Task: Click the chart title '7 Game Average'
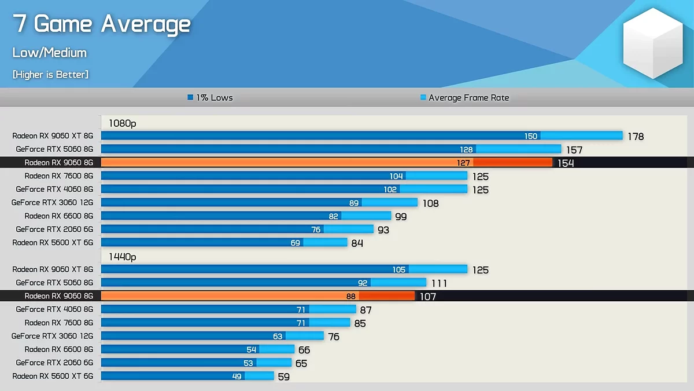102,24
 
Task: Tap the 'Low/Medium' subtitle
50,53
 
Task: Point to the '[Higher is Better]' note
50,75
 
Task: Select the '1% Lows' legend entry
210,98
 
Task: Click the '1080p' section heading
122,123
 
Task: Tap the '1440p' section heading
122,257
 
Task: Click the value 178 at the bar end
635,137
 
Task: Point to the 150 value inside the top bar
531,136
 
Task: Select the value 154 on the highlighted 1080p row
566,163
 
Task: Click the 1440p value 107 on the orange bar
428,297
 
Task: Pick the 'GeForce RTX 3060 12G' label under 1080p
52,203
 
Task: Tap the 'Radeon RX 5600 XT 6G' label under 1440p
53,376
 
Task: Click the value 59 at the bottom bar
283,377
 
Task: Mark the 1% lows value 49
237,376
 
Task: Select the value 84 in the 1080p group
357,243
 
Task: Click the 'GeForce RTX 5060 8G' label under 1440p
54,283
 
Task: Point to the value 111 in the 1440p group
439,283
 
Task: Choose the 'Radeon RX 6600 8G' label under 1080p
58,216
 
